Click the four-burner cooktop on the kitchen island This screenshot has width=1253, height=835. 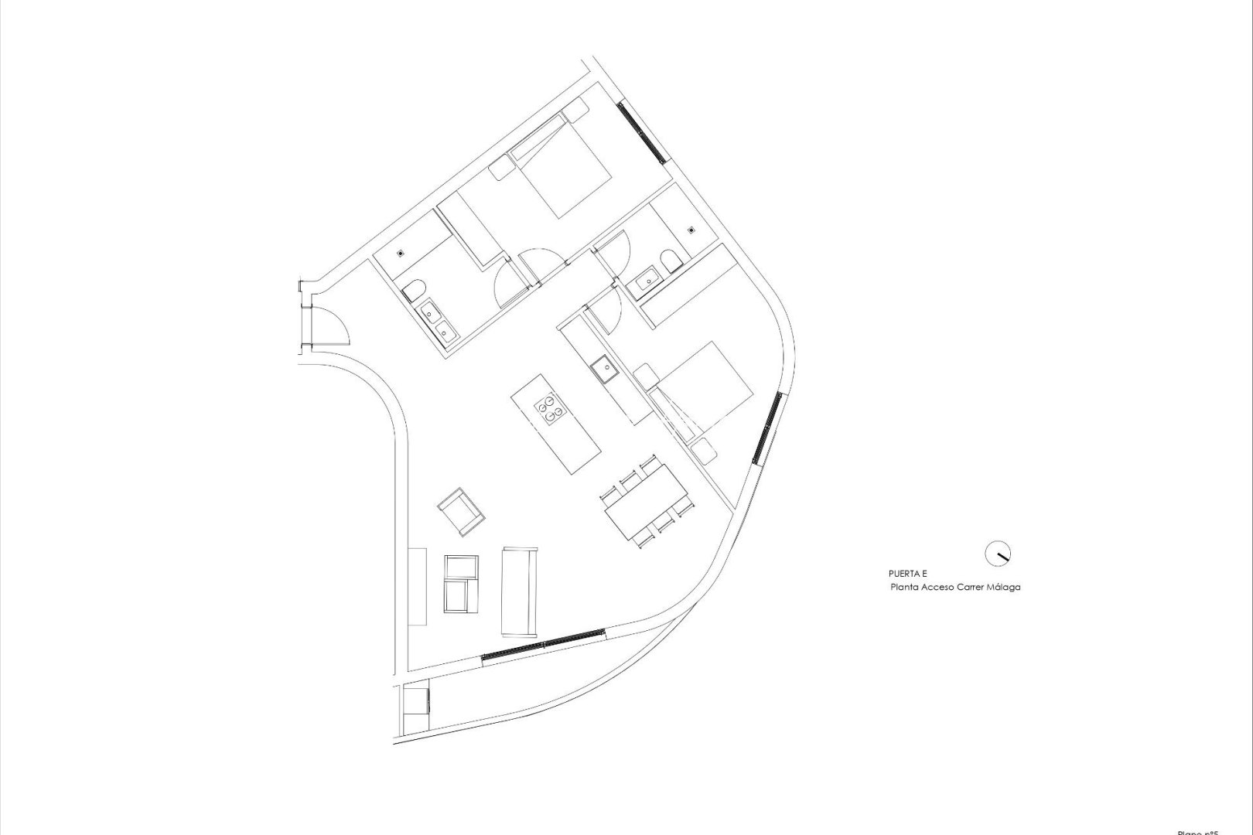[548, 408]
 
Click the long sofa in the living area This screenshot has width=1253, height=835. [519, 591]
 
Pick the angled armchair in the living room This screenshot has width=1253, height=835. [461, 510]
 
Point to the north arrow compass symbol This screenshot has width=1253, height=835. [997, 554]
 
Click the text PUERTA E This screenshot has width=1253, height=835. [908, 574]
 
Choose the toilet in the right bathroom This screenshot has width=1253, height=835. [671, 260]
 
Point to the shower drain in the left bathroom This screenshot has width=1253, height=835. [401, 253]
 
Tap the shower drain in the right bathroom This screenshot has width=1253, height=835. [691, 229]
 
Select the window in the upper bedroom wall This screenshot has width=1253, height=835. [641, 132]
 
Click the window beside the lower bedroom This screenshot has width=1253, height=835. [768, 428]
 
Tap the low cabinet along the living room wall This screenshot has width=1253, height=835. [417, 586]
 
